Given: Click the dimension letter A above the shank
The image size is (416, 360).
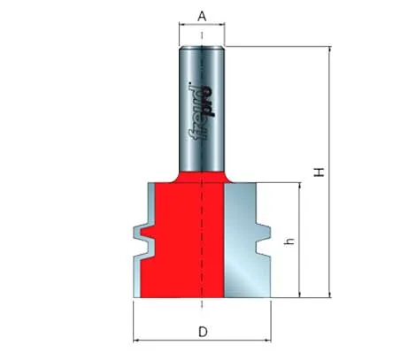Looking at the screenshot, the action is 202,16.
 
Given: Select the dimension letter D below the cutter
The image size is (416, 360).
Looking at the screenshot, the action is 203,332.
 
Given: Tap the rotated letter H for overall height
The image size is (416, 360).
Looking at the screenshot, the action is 319,172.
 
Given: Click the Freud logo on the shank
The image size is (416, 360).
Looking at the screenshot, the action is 202,111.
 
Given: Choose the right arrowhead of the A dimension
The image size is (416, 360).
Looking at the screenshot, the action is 222,25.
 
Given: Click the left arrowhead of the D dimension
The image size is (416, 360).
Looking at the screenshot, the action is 136,341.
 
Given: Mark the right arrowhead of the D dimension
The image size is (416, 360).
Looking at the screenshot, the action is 268,341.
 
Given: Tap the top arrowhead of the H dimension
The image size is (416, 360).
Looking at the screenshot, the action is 330,50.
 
